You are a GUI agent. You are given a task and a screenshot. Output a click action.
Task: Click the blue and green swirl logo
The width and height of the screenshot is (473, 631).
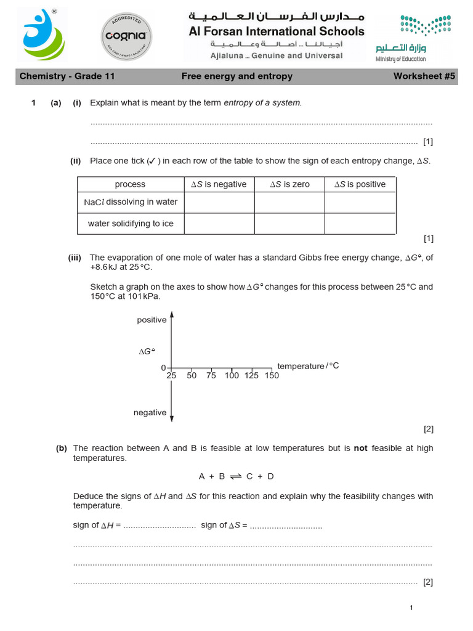pos(41,35)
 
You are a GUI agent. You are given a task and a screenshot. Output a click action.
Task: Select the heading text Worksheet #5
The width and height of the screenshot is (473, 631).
pos(423,76)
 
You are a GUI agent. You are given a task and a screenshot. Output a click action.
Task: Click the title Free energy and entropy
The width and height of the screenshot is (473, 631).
pos(236,76)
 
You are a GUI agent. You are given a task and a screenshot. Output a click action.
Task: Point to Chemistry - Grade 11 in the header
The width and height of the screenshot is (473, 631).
pos(67,76)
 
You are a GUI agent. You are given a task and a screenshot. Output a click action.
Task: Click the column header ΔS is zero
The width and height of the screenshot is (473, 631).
pos(289,184)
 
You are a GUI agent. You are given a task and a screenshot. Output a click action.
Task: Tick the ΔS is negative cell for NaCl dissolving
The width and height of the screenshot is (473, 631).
pos(219,202)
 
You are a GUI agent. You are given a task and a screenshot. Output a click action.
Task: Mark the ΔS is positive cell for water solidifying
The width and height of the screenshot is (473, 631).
pos(360,224)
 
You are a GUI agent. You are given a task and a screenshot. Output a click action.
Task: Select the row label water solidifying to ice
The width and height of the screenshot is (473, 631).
pos(131,224)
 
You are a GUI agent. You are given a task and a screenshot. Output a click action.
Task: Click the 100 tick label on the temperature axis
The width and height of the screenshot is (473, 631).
pos(232,375)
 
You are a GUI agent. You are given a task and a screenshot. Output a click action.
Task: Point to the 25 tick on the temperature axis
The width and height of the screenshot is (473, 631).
pos(171,375)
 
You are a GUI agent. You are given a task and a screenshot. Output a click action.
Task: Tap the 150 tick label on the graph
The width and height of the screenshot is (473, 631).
pos(272,375)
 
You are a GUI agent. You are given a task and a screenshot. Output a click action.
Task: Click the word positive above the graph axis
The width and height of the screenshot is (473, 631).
pos(152,320)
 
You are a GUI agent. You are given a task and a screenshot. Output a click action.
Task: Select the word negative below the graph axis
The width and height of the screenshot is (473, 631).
pos(150,412)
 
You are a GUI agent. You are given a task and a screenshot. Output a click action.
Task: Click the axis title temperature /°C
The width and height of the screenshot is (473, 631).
pos(308,366)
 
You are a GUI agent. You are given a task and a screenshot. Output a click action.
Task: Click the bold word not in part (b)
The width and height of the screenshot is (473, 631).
pos(360,449)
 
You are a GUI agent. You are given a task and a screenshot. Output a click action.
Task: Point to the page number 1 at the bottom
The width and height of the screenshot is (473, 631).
pos(411,608)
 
